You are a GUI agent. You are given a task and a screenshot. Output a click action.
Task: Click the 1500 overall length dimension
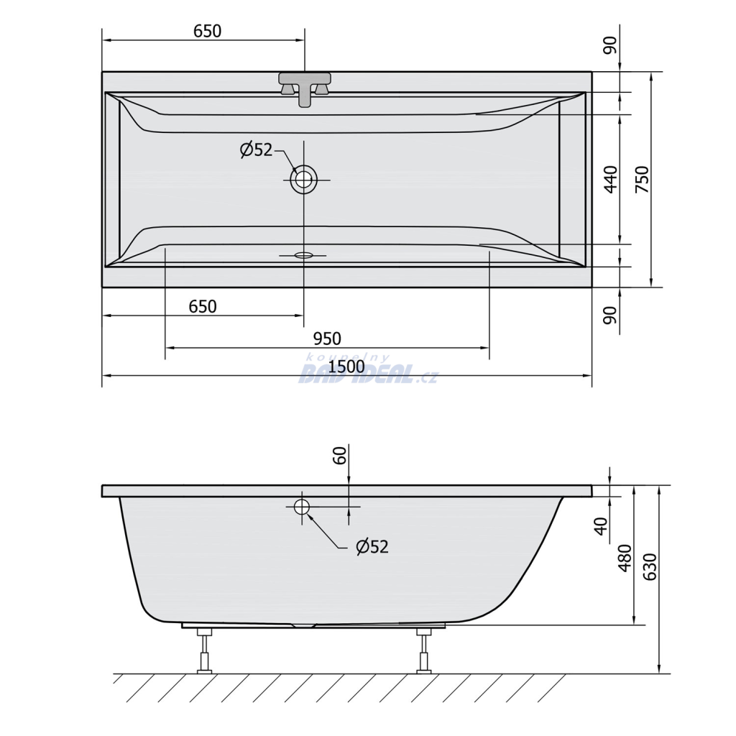(346, 367)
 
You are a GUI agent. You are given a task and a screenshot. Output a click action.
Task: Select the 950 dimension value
(327, 339)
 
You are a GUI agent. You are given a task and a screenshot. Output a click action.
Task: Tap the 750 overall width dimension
(642, 179)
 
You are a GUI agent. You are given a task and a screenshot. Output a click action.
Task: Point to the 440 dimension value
(611, 179)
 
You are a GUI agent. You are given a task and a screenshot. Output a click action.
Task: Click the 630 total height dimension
(650, 567)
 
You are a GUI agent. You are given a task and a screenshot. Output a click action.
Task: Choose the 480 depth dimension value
(625, 558)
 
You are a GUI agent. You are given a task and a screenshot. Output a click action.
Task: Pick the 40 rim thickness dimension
(601, 525)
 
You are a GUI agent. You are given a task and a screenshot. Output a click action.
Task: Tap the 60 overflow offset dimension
(339, 455)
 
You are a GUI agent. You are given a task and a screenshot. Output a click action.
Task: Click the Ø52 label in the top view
(257, 149)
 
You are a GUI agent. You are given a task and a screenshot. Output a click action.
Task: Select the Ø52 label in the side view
(372, 547)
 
